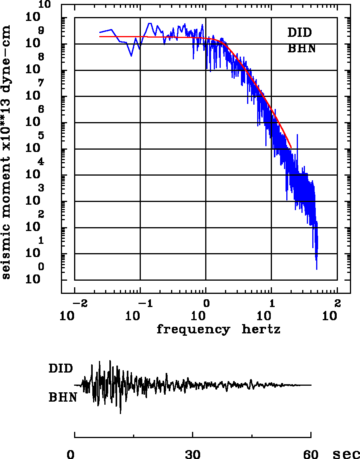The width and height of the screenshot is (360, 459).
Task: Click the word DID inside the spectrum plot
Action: click(299, 33)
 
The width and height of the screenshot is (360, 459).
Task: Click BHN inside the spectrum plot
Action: click(301, 49)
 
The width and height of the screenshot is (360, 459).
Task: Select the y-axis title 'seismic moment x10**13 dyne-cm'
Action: click(6, 151)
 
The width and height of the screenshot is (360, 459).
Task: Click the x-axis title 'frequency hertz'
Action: click(218, 330)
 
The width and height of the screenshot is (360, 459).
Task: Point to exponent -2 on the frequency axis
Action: click(78, 303)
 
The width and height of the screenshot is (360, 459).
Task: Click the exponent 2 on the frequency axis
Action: click(337, 303)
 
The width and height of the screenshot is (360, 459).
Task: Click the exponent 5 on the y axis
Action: click(41, 136)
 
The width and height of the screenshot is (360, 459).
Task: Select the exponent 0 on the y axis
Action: click(41, 267)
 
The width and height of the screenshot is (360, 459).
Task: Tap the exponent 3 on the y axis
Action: click(41, 188)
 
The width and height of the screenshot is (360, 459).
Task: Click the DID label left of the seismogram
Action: click(61, 368)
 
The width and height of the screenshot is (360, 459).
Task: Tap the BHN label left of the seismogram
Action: click(62, 397)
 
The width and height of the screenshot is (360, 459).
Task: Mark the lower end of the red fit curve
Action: click(291, 147)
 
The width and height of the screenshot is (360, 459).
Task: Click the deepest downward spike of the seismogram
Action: click(121, 413)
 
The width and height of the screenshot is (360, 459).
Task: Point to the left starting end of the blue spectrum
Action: click(100, 33)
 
